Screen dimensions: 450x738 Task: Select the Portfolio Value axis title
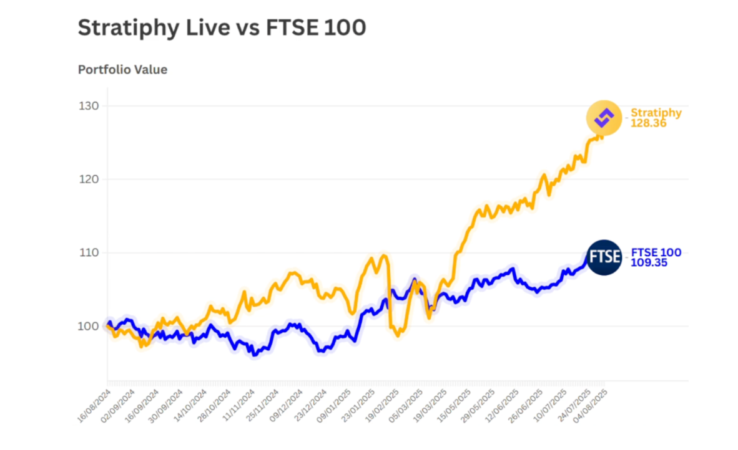(x=122, y=70)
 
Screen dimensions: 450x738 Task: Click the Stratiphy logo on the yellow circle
(x=604, y=117)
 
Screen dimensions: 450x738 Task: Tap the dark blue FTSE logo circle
(x=604, y=257)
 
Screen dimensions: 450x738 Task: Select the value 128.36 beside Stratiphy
(x=649, y=123)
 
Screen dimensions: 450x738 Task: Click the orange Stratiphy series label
(x=656, y=113)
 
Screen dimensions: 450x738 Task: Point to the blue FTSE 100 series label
(x=656, y=252)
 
